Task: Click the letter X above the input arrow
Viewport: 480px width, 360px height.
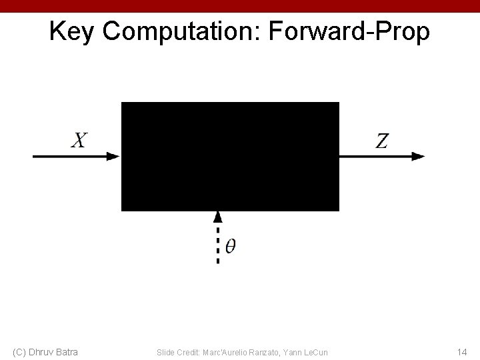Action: tap(79, 140)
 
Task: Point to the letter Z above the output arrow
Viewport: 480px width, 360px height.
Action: tap(382, 141)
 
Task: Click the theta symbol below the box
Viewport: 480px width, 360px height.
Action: tap(230, 246)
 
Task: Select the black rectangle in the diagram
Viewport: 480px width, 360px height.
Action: tap(230, 157)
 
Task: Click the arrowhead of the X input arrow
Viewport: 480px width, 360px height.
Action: tap(113, 156)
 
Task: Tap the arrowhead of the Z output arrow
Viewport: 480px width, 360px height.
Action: tap(418, 156)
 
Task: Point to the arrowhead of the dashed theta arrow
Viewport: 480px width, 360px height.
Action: tap(217, 216)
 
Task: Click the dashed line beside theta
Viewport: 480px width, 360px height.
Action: tap(217, 244)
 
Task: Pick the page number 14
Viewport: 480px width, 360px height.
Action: tap(462, 351)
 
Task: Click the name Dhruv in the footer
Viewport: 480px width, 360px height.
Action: tap(42, 351)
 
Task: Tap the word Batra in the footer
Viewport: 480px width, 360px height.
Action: tap(67, 351)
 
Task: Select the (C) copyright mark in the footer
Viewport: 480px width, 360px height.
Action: tap(19, 351)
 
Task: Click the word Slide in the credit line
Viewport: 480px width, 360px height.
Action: tap(165, 351)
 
